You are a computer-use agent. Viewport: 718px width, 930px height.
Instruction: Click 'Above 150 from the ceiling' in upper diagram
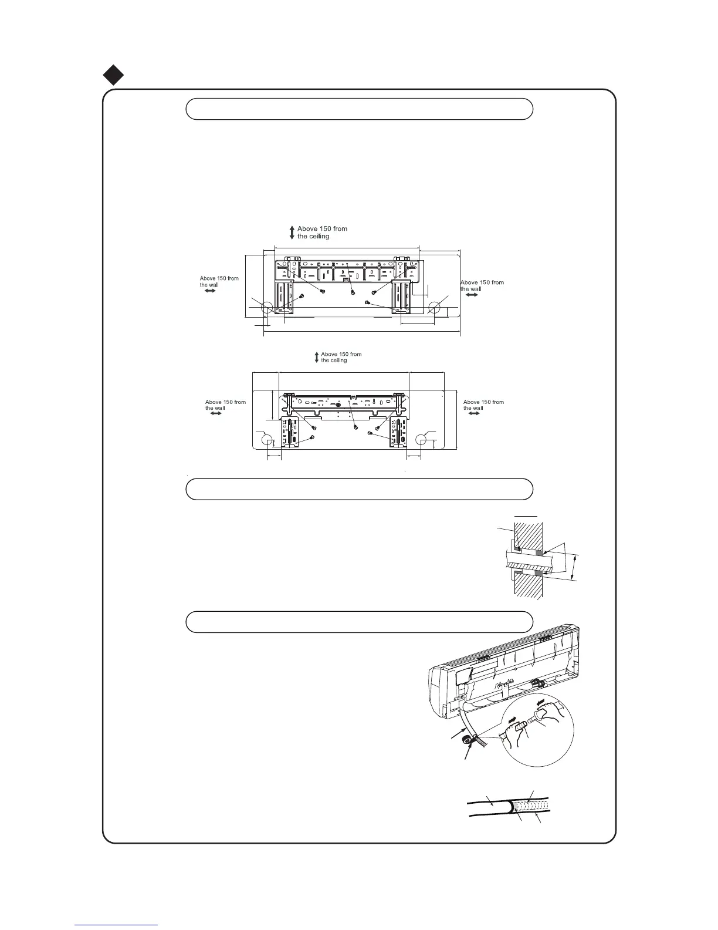click(322, 232)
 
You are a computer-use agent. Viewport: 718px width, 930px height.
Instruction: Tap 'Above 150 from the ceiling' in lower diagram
click(341, 357)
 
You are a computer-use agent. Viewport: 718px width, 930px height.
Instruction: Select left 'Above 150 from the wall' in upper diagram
click(219, 281)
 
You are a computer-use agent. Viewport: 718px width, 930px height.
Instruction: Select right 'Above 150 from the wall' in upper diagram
click(482, 285)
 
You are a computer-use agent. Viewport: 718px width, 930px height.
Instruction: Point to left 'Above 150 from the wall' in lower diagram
click(225, 405)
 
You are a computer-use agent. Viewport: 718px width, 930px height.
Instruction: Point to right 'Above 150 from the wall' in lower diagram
click(483, 405)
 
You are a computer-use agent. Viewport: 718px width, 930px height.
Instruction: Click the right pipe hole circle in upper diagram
click(435, 307)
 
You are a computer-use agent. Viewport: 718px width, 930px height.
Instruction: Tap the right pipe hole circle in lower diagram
click(421, 440)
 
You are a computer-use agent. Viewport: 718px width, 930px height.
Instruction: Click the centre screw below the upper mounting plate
click(353, 292)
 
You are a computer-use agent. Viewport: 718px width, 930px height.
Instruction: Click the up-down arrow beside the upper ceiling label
click(292, 232)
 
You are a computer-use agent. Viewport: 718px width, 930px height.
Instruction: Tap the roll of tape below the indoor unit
click(469, 741)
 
